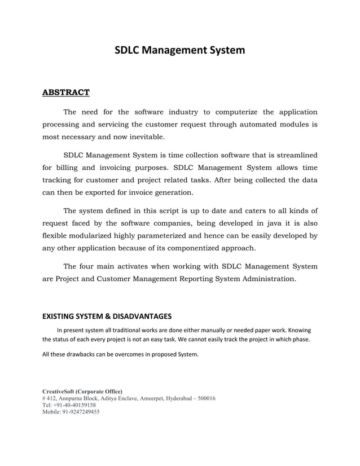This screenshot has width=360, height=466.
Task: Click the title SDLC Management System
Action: pos(180,50)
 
